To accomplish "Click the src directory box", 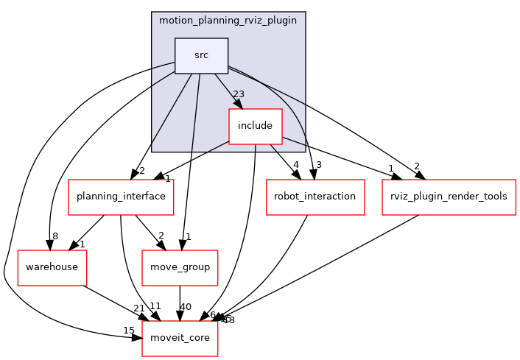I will point(201,55).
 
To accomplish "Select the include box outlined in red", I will point(255,126).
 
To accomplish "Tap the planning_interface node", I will point(121,197).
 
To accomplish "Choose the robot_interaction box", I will point(315,197).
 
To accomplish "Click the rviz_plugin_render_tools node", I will point(449,197).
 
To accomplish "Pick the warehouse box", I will point(52,267).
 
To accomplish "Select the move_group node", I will point(180,267).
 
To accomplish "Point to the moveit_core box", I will point(180,338).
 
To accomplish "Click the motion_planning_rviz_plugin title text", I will point(228,20).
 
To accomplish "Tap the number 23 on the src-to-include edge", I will point(238,93).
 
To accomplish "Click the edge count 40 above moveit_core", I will point(186,306).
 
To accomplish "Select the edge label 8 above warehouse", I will point(55,236).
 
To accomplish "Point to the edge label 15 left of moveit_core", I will point(128,331).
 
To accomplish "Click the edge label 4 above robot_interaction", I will point(295,165).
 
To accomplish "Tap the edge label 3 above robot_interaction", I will point(318,165).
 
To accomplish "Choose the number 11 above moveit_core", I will point(155,306).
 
